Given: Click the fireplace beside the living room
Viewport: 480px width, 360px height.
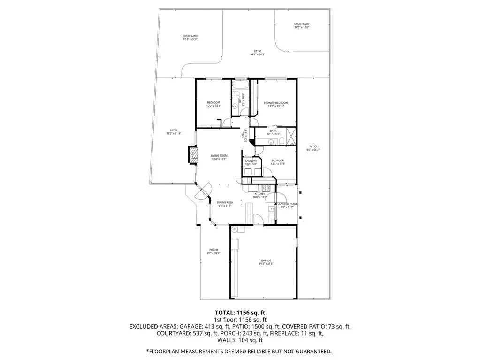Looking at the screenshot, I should (192, 155).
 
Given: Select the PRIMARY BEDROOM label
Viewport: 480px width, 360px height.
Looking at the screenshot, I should (275, 103).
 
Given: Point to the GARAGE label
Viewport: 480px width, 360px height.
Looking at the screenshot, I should (266, 260).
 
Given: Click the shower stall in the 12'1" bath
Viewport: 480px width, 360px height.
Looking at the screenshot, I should (291, 137).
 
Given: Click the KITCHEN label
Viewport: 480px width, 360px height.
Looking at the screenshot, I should (260, 194).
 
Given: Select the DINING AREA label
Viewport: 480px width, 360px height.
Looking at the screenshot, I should (225, 202).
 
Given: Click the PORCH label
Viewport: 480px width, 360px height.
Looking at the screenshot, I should (213, 250).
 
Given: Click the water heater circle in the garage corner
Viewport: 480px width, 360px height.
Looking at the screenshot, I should (235, 230).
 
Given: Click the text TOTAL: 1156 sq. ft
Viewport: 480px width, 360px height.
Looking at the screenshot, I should (240, 312).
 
